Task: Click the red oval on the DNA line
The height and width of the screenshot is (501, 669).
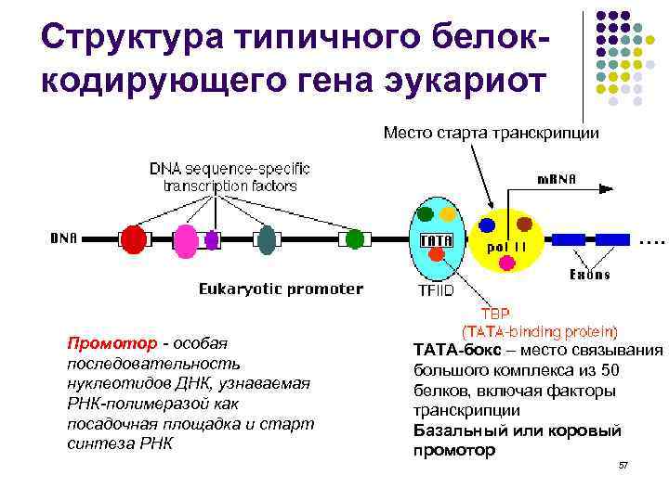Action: [x=135, y=239]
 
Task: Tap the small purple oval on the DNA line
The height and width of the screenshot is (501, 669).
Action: [x=212, y=239]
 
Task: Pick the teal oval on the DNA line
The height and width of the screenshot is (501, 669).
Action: [x=268, y=239]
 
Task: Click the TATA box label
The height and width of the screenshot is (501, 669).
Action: [x=437, y=241]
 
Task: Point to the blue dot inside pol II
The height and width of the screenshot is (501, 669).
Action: [x=486, y=225]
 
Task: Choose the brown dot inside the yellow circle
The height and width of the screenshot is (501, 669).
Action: [x=524, y=224]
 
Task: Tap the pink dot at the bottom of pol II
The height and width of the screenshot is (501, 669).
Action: [x=506, y=263]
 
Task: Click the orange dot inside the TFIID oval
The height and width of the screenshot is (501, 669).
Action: [x=447, y=214]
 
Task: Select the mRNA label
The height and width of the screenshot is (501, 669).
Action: [x=557, y=179]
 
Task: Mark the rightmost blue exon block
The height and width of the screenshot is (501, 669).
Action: [x=610, y=239]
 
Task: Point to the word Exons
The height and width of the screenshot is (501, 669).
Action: [x=590, y=275]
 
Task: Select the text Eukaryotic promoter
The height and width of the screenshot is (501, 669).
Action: [x=281, y=289]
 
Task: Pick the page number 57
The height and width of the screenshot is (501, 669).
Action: [x=623, y=465]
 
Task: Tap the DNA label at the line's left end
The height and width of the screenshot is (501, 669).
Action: [x=63, y=238]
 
